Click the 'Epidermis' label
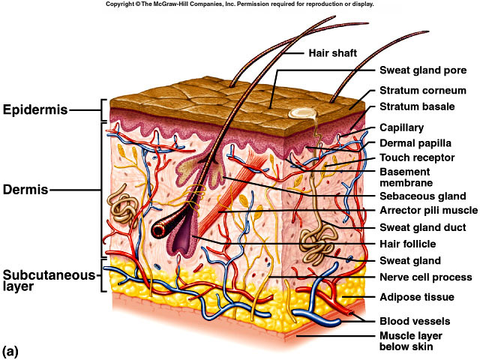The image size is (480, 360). (34, 111)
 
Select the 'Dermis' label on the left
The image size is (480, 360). (25, 190)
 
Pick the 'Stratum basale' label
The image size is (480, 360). (417, 106)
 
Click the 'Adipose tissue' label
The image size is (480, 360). (416, 297)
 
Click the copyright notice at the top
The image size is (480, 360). (239, 4)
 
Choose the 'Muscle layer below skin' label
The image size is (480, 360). (417, 340)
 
